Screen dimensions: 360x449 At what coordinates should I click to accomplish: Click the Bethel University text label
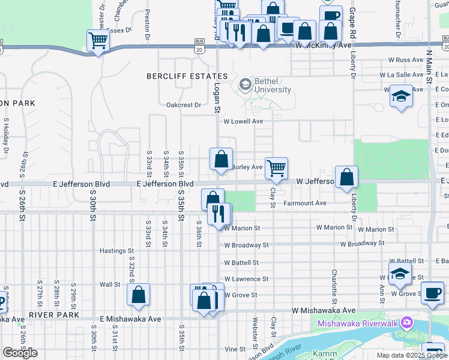pos(272,85)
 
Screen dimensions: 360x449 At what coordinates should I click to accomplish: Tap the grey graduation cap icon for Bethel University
pos(245,85)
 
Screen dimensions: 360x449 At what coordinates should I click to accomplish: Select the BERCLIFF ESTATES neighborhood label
pos(187,76)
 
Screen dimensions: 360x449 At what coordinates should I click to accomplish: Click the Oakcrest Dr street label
pos(184,105)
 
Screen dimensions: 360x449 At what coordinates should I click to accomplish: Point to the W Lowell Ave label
pos(243,121)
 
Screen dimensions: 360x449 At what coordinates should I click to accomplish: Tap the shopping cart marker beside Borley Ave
pos(276,168)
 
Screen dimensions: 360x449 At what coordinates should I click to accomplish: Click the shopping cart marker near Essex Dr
pos(98,41)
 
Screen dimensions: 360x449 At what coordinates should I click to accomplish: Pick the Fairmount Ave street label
pos(305,203)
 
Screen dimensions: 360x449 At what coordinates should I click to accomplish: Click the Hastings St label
pos(115,250)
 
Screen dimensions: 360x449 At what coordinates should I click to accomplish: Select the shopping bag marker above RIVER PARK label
pos(138,295)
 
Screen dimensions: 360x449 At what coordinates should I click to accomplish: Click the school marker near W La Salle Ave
pos(401,96)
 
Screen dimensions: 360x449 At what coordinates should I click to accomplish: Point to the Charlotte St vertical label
pos(334,286)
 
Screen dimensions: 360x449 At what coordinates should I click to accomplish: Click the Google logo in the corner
pos(20,353)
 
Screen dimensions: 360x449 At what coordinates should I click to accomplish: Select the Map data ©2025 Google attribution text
pos(411,355)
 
